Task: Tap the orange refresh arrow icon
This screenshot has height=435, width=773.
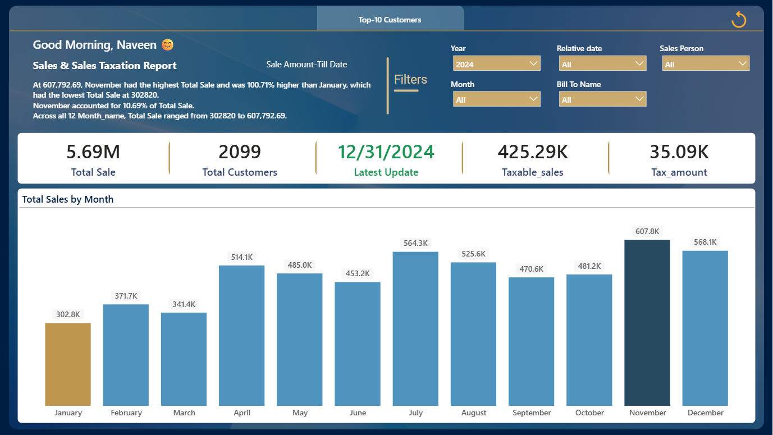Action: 739,20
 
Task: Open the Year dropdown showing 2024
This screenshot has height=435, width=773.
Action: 497,64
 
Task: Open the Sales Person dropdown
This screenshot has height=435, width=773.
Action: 706,64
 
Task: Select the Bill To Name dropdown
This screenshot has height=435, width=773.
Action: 602,99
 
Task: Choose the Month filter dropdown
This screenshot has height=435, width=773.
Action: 497,99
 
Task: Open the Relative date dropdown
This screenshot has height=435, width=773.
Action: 602,64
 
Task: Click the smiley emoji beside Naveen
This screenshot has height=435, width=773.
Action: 168,45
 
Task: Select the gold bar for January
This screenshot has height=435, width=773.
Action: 68,364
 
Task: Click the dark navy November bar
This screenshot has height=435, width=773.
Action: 647,323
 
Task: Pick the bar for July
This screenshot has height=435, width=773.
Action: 415,329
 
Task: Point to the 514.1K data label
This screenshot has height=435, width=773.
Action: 241,257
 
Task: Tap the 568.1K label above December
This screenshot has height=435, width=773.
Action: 705,242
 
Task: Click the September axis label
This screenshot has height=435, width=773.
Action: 532,413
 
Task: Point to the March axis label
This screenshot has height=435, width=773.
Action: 184,413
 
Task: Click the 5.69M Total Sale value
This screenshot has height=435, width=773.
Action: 93,152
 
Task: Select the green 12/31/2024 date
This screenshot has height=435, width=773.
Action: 386,152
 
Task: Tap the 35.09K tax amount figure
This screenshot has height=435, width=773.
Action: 679,152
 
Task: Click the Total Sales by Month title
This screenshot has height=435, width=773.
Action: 67,199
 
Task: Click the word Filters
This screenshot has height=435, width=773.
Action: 411,79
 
